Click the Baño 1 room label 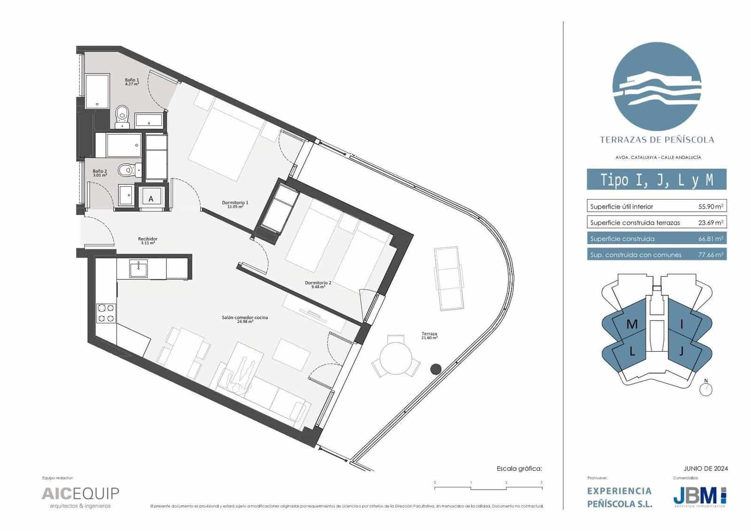(132, 80)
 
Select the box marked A (151, 199)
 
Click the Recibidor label (147, 239)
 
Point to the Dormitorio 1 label (235, 203)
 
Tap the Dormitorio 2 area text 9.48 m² (318, 286)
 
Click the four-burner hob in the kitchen (106, 313)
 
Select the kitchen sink (138, 268)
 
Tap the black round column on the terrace (436, 369)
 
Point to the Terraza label (429, 334)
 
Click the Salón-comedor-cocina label (245, 318)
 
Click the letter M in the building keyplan (632, 324)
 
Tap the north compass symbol (706, 389)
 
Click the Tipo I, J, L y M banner (656, 180)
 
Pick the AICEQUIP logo (80, 494)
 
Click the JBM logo (699, 495)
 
